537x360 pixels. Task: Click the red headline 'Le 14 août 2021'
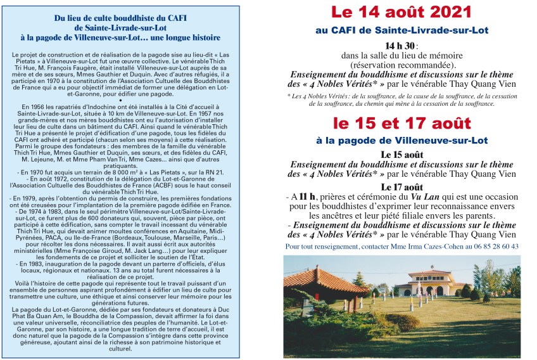pyautogui.click(x=401, y=12)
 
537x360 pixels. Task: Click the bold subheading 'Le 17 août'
pyautogui.click(x=401, y=187)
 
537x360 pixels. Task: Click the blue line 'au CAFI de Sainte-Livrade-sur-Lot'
pyautogui.click(x=401, y=30)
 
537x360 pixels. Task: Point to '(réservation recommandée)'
pyautogui.click(x=401, y=65)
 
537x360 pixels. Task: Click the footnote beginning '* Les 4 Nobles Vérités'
pyautogui.click(x=401, y=99)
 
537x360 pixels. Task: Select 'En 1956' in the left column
pyautogui.click(x=34, y=106)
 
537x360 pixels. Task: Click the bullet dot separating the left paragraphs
pyautogui.click(x=120, y=100)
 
